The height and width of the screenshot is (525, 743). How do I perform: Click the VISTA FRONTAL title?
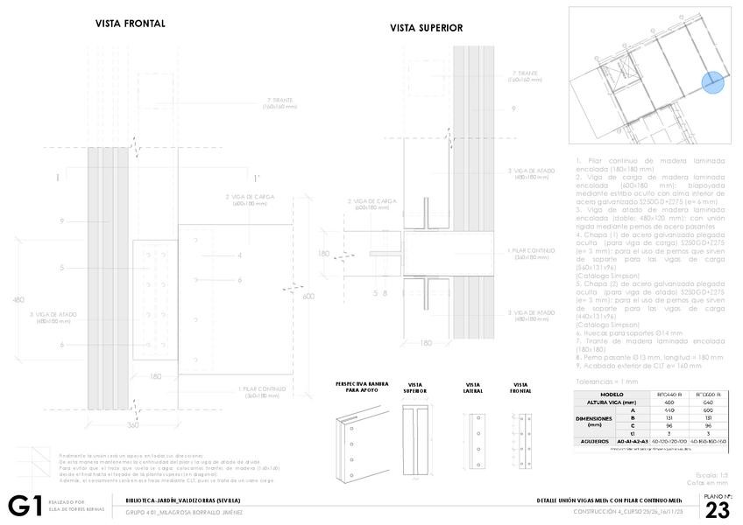[130, 24]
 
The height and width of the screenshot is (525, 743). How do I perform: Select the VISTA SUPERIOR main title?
[426, 28]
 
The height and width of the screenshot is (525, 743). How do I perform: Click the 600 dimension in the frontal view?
[308, 296]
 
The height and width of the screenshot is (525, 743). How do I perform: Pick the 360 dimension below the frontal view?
[133, 424]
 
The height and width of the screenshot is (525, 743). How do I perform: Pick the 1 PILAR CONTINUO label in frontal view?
[260, 391]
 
